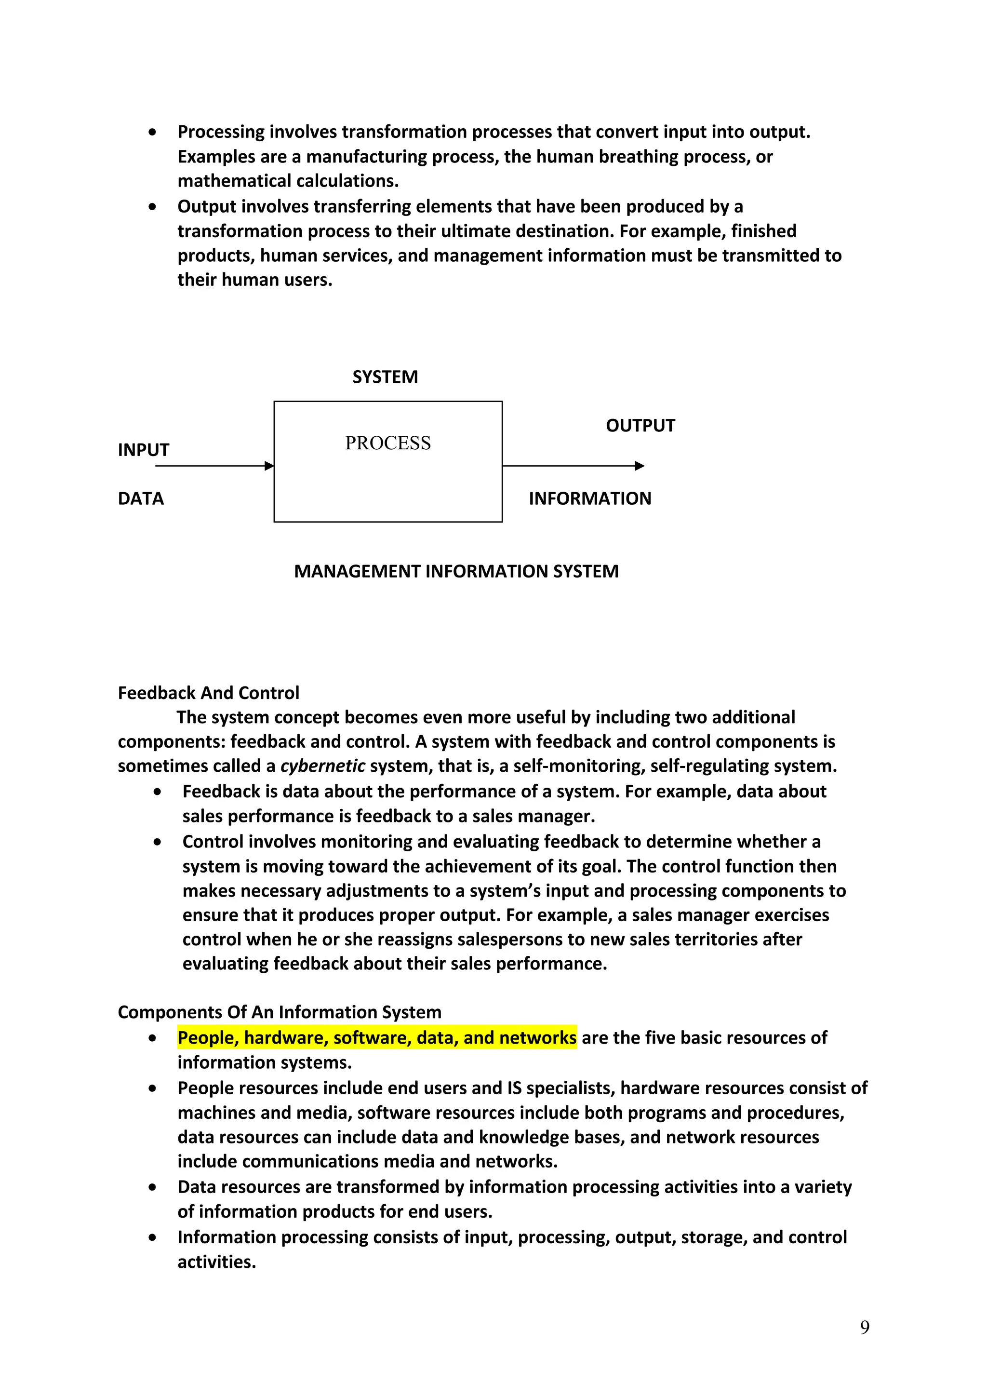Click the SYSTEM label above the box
pyautogui.click(x=385, y=377)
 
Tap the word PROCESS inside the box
pyautogui.click(x=388, y=443)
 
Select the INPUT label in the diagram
pyautogui.click(x=144, y=450)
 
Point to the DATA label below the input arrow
pyautogui.click(x=141, y=499)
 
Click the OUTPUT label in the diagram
pyautogui.click(x=640, y=426)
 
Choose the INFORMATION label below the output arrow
pyautogui.click(x=590, y=499)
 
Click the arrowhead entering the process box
pyautogui.click(x=269, y=466)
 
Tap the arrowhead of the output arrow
pyautogui.click(x=640, y=466)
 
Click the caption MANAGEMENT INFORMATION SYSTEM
pyautogui.click(x=456, y=571)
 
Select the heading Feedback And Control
pyautogui.click(x=209, y=693)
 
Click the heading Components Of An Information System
pyautogui.click(x=279, y=1012)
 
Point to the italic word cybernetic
pyautogui.click(x=322, y=766)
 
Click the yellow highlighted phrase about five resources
pyautogui.click(x=377, y=1037)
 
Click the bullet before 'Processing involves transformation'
pyautogui.click(x=152, y=132)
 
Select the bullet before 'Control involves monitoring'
pyautogui.click(x=158, y=842)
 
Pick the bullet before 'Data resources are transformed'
pyautogui.click(x=152, y=1187)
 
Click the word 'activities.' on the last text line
pyautogui.click(x=216, y=1262)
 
